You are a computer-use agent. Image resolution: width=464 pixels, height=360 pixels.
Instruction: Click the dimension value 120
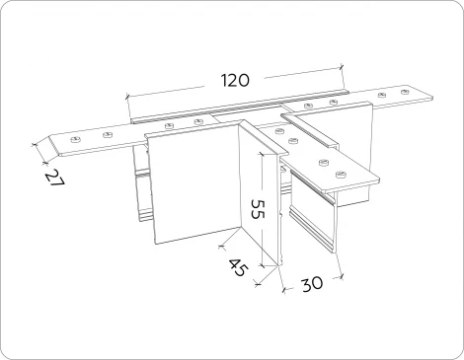click(234, 81)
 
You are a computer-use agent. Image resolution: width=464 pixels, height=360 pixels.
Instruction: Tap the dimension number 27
click(54, 179)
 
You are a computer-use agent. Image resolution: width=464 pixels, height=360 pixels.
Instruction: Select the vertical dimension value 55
click(258, 208)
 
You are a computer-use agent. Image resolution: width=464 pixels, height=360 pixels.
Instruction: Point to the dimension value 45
click(237, 267)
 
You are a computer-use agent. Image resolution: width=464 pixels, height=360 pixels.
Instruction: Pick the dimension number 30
click(312, 284)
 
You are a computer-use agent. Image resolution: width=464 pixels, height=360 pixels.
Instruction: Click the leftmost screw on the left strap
click(76, 140)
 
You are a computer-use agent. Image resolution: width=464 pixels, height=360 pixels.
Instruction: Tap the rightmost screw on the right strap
click(405, 91)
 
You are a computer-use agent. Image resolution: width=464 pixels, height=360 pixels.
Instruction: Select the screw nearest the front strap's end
click(342, 174)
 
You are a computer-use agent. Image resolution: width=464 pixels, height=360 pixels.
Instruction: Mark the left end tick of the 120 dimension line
click(127, 97)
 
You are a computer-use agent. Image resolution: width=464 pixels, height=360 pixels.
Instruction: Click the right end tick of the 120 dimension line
click(342, 68)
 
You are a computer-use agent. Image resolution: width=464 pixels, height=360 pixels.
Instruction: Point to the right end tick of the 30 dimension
click(342, 276)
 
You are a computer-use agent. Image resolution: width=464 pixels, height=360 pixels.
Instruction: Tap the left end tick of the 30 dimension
click(284, 289)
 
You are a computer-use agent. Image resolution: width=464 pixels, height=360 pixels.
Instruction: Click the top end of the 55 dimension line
click(262, 153)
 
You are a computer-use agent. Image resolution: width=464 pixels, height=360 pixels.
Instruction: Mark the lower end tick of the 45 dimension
click(258, 283)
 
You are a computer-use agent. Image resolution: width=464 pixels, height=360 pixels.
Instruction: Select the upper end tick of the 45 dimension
click(222, 246)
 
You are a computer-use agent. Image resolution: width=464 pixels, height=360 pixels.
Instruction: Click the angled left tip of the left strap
click(49, 137)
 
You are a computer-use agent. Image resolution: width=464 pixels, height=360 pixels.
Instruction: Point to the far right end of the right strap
click(432, 97)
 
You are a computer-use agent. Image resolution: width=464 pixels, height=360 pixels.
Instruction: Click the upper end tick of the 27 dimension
click(34, 144)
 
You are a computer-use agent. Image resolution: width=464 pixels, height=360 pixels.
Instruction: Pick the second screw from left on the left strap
click(107, 135)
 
